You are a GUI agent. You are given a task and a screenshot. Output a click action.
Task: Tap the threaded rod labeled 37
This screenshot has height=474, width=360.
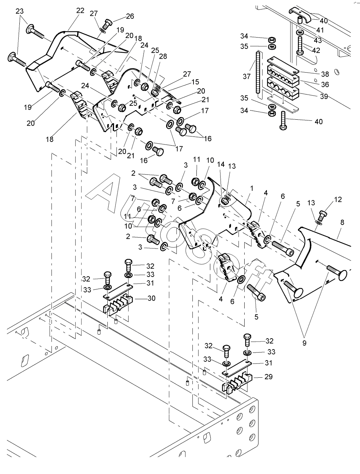[258, 72]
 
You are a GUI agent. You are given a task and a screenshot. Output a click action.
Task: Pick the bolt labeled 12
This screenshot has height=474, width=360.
[322, 215]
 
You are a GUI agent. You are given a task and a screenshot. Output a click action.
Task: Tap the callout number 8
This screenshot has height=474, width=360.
[342, 222]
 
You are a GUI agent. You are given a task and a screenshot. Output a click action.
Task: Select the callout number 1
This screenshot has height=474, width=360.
[251, 188]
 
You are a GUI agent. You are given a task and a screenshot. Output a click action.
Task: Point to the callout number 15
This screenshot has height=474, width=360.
[195, 82]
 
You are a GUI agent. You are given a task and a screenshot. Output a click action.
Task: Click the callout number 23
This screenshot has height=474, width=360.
[19, 11]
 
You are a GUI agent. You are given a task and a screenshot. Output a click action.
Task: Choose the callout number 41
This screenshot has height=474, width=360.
[320, 30]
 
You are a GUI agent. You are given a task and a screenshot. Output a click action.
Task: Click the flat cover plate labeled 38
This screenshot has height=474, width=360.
[283, 66]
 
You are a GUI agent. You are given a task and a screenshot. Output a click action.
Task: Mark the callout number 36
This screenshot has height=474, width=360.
[325, 84]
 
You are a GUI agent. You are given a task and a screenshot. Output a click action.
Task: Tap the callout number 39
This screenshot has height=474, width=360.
[324, 96]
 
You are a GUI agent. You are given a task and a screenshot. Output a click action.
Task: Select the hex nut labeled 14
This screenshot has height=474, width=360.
[224, 201]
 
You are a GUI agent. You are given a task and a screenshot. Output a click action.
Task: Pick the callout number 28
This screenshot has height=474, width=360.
[163, 56]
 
